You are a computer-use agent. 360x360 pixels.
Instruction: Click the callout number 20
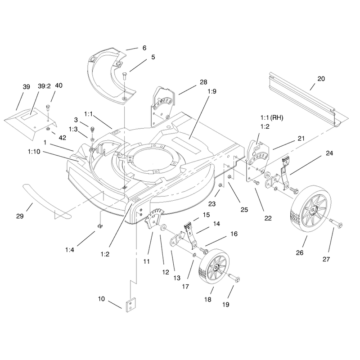[321, 79]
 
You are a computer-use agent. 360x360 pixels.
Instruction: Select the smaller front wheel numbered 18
[213, 266]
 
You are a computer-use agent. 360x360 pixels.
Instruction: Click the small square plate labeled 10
[131, 305]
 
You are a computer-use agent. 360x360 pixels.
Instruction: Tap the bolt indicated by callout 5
[125, 76]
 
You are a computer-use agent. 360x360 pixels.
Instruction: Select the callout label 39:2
[44, 86]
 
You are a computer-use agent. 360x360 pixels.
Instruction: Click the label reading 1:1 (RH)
[272, 118]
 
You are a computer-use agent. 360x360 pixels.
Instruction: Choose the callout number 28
[203, 82]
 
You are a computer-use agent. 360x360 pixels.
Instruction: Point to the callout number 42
[62, 138]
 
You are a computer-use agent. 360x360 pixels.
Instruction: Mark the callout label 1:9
[212, 91]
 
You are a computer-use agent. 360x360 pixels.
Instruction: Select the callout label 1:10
[34, 152]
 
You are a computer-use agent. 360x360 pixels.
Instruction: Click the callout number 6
[144, 48]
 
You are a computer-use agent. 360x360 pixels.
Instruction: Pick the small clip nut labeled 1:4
[100, 226]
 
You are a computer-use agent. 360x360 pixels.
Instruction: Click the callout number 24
[329, 153]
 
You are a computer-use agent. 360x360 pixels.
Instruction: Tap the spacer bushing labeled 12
[163, 228]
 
